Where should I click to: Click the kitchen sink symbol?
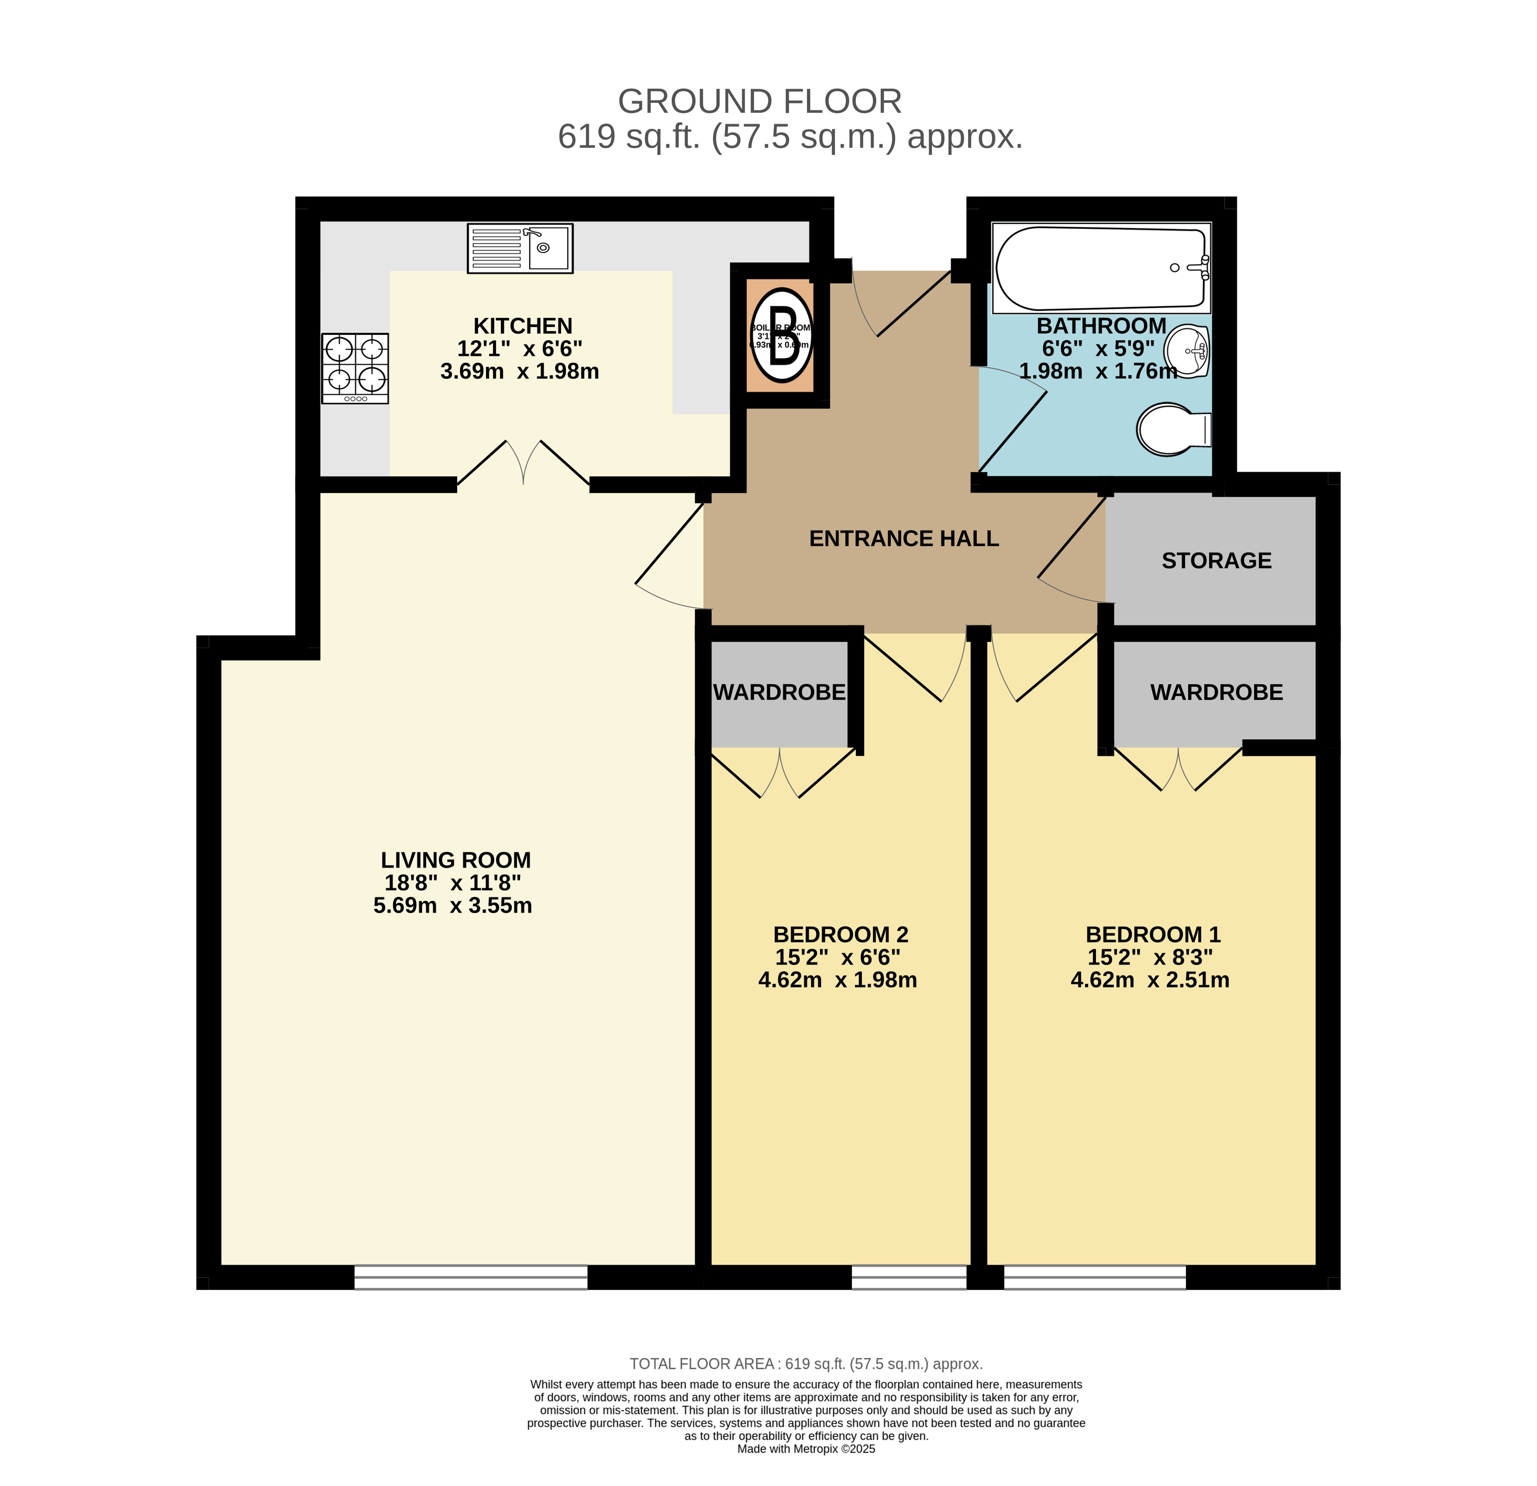pyautogui.click(x=520, y=249)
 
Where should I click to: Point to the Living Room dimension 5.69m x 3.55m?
pyautogui.click(x=453, y=906)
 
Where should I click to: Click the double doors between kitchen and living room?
pyautogui.click(x=523, y=464)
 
